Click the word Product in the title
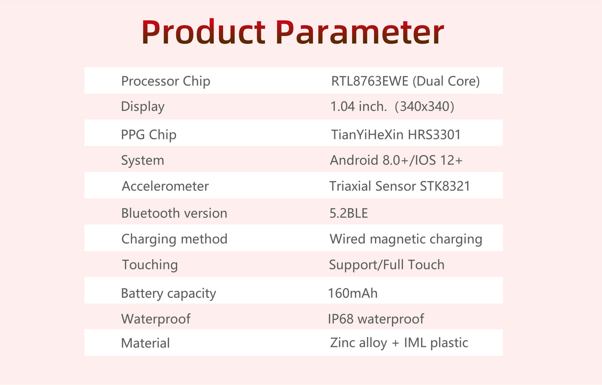204,31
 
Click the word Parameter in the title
360,32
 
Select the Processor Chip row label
165,81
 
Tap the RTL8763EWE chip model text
370,81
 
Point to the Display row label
142,107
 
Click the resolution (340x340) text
425,107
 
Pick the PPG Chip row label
149,135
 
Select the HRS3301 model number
434,135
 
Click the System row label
142,160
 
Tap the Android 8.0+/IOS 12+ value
396,160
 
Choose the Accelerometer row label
165,186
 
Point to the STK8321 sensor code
445,186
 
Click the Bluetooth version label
174,213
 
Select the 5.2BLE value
349,213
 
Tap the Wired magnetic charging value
406,239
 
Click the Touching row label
150,265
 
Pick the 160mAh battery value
353,293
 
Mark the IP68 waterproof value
376,319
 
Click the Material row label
145,343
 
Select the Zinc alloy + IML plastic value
399,343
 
